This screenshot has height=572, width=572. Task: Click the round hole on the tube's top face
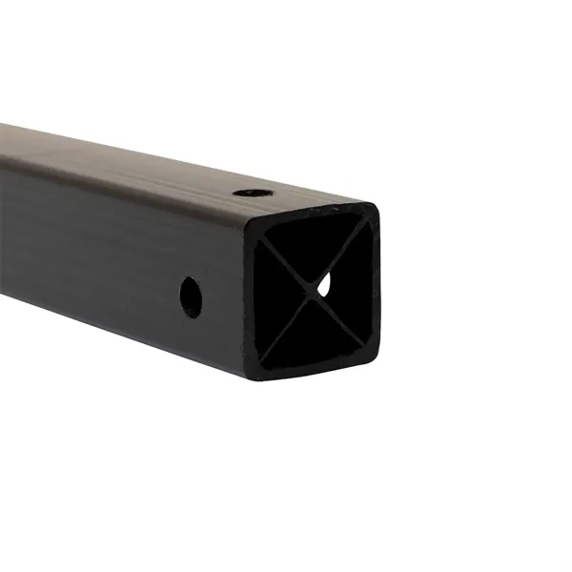251,193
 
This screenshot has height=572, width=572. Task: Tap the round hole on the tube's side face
191,296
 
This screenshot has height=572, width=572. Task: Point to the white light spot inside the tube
324,283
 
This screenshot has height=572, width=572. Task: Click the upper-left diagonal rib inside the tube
284,253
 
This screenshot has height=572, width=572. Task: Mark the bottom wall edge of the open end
312,372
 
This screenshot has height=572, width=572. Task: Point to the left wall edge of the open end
250,291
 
